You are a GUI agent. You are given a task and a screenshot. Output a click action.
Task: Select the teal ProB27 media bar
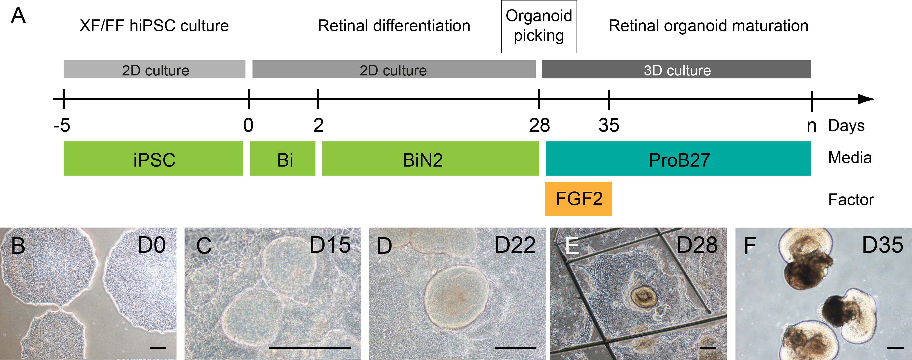pos(678,159)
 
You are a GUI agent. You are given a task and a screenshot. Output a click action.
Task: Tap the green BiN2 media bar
pos(430,159)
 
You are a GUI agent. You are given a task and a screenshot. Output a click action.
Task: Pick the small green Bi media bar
pos(282,159)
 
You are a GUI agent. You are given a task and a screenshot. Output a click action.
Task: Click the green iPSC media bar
pos(153,159)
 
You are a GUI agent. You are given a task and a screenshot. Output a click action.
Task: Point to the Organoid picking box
pos(539,27)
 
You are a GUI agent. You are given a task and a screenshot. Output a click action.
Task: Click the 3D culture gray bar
pos(676,69)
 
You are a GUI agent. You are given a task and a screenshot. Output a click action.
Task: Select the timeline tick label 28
pos(539,125)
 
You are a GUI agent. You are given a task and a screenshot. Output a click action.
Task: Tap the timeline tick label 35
pos(609,125)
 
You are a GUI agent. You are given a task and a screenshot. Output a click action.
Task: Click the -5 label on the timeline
pos(62,125)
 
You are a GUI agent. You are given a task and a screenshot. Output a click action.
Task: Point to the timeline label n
pos(811,125)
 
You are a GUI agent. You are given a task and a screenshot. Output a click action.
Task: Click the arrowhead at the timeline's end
pos(867,99)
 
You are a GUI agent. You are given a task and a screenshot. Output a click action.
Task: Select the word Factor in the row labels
pos(851,200)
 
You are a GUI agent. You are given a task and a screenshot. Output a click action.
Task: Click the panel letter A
pos(18,16)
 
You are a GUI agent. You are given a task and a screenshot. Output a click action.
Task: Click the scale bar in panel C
pos(310,348)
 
